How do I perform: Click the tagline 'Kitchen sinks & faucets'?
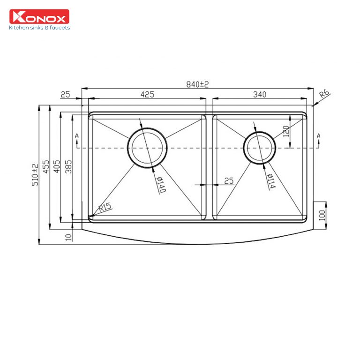click(39, 28)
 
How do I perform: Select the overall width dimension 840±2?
click(197, 84)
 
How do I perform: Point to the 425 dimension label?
click(147, 95)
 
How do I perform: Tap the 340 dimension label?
click(259, 95)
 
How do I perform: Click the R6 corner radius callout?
click(324, 95)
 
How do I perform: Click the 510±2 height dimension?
click(35, 174)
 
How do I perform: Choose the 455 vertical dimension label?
click(46, 166)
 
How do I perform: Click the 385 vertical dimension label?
click(68, 165)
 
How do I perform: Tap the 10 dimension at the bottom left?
click(69, 237)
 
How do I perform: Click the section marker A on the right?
click(319, 136)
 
